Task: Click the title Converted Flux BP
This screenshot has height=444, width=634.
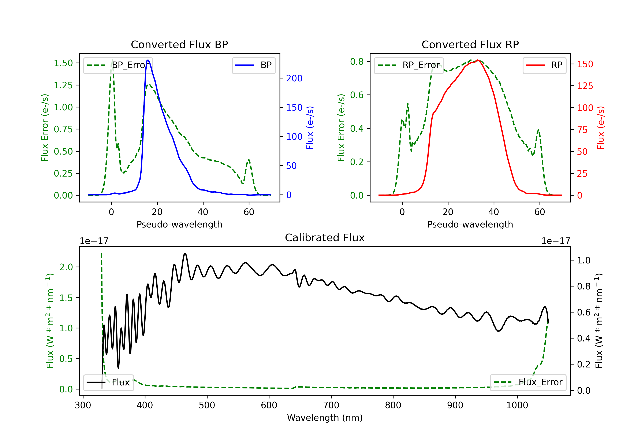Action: pos(179,44)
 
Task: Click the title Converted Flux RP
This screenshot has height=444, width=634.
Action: pos(470,44)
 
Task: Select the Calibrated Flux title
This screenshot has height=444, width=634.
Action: pos(325,238)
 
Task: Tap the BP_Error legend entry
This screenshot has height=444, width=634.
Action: pos(118,65)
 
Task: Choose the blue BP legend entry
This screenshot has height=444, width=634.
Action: pos(253,65)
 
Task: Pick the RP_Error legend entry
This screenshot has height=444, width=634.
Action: pos(409,65)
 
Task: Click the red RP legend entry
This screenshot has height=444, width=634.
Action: pos(544,65)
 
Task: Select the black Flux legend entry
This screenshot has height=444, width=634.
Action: pos(108,382)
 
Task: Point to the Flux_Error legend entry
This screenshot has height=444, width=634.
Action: pos(528,382)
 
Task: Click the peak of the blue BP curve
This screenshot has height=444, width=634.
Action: pos(148,60)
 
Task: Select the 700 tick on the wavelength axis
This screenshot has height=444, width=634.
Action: pos(331,405)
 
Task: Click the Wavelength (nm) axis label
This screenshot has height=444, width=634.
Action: pos(325,418)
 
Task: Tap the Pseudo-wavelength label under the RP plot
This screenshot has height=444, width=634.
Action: pos(470,224)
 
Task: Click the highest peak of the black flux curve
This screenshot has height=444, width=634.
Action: pos(185,253)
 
